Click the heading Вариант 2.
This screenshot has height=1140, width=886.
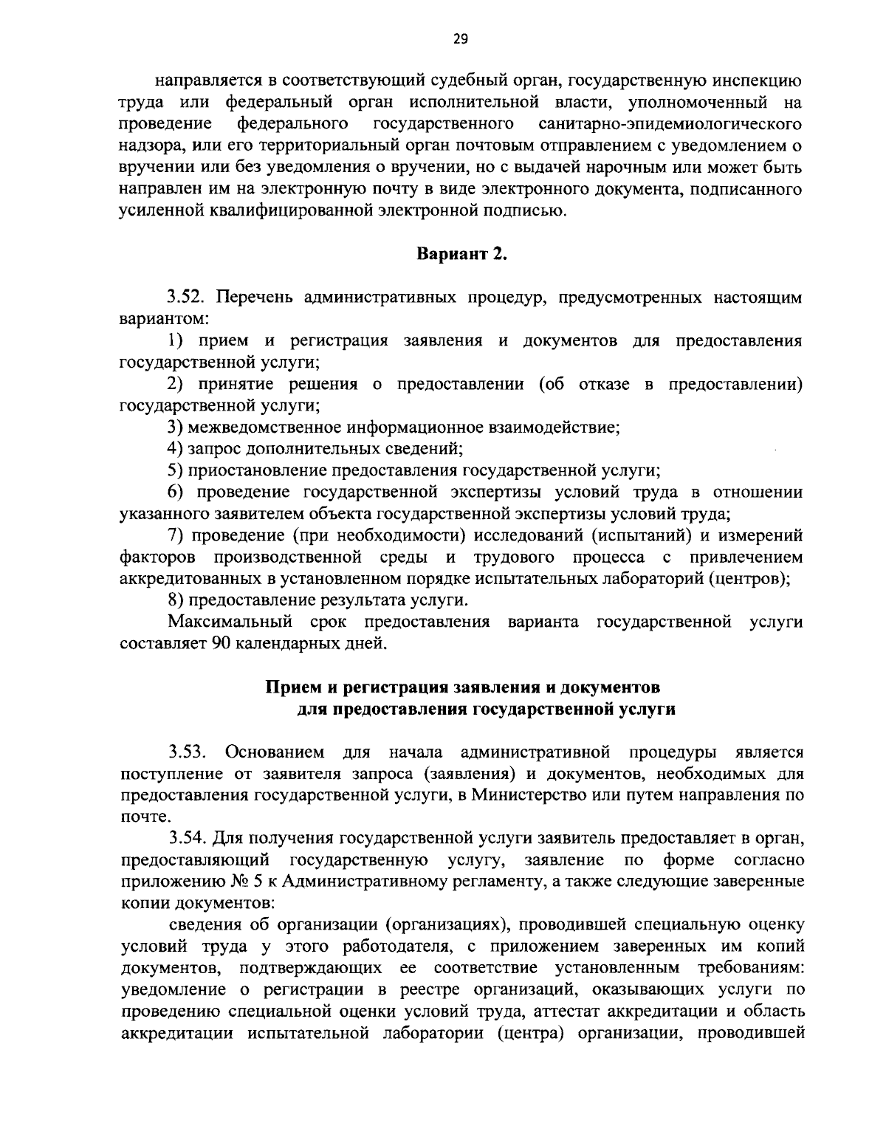point(462,255)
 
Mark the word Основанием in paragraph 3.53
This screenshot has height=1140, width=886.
point(275,752)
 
